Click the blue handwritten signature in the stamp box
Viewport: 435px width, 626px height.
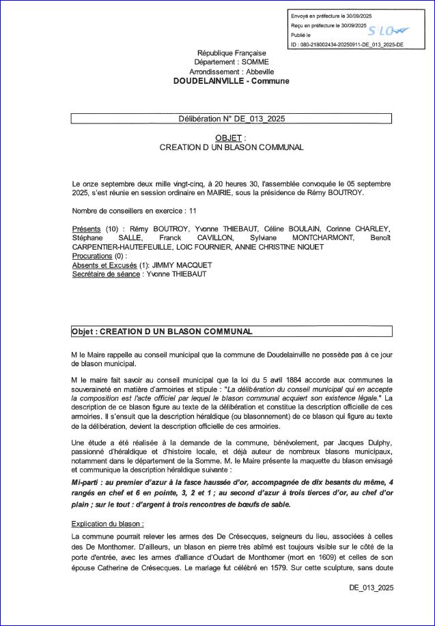[x=386, y=31]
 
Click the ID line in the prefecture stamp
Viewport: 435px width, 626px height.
[x=347, y=44]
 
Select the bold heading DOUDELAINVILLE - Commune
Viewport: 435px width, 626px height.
[x=231, y=80]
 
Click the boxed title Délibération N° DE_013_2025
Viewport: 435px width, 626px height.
[x=231, y=118]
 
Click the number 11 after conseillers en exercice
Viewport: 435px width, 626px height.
[x=193, y=211]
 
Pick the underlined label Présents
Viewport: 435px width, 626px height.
[x=86, y=228]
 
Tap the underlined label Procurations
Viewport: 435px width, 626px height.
[x=92, y=256]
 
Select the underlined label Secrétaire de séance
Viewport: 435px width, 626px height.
[x=106, y=274]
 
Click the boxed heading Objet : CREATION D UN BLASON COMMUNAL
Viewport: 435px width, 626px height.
[x=162, y=331]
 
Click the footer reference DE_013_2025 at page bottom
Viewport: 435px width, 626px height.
[x=371, y=587]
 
